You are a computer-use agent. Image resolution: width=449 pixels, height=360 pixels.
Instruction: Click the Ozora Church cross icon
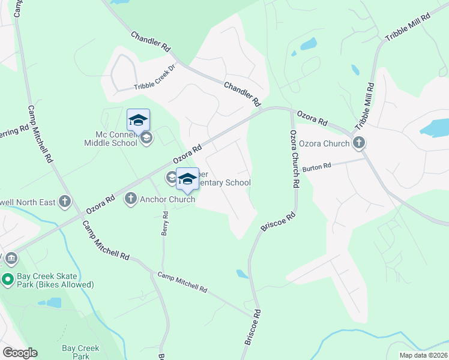point(359,143)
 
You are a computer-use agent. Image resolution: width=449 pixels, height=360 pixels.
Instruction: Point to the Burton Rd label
point(316,167)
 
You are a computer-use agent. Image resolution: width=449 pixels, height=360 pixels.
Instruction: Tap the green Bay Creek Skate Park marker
point(8,278)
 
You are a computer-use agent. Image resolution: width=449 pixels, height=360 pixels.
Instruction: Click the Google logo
point(19,353)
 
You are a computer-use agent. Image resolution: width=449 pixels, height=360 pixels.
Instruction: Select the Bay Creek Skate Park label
point(55,279)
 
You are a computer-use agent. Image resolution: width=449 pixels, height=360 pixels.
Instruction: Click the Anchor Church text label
point(167,199)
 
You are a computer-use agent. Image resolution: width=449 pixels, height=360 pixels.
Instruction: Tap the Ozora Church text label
point(324,143)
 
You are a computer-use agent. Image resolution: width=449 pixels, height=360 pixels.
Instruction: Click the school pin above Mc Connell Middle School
point(138,120)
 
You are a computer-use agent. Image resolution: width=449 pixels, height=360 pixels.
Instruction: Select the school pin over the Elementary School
point(187,178)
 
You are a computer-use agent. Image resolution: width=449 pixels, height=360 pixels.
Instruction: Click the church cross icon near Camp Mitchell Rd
point(65,202)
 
